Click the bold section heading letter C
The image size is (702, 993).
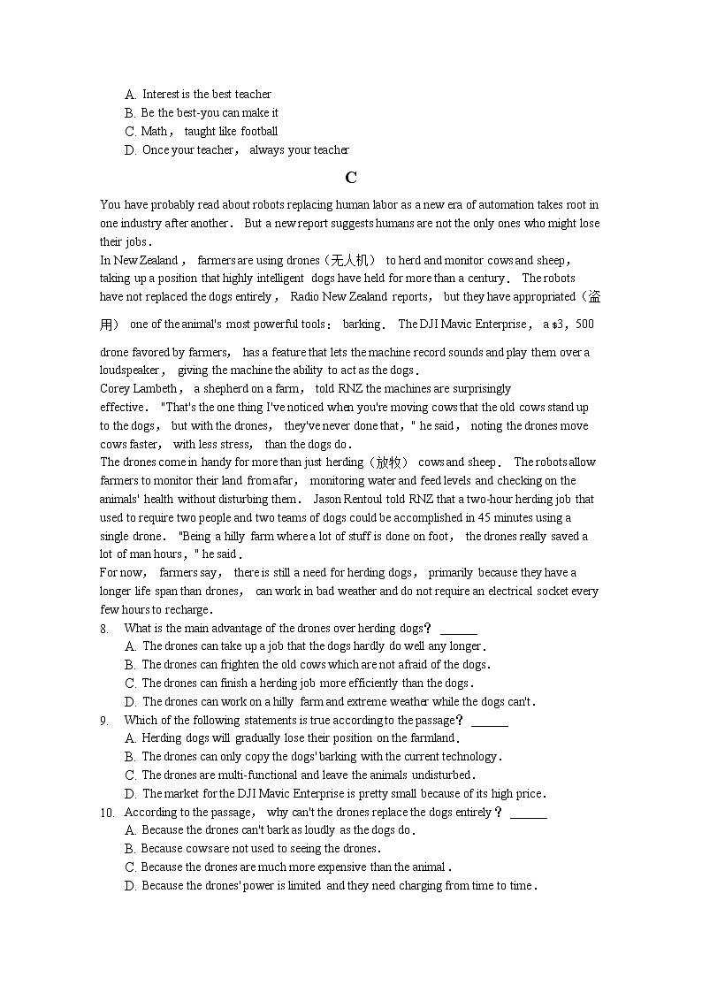[x=351, y=178]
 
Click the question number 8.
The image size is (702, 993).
[x=104, y=629]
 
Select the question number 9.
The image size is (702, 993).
[x=104, y=721]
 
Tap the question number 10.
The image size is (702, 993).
[x=107, y=813]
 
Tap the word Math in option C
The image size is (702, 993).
[x=154, y=132]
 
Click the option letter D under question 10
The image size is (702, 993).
[x=131, y=886]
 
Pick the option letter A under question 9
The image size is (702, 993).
[x=131, y=738]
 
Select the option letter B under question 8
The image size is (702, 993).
[x=131, y=665]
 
